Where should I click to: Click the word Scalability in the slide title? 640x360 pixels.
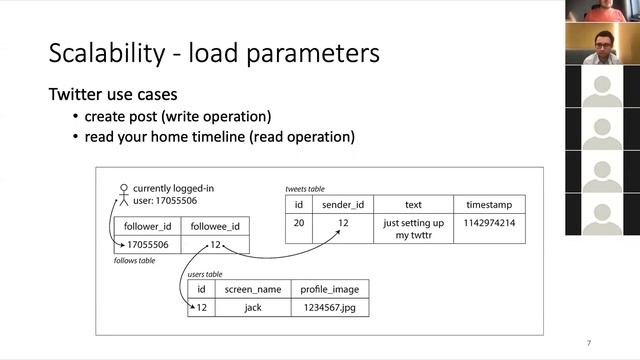(x=107, y=53)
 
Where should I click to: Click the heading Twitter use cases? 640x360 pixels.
(x=113, y=94)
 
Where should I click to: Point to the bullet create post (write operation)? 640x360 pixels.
(x=178, y=117)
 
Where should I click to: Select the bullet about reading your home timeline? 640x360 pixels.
(x=220, y=137)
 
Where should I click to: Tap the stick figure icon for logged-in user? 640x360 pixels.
(x=124, y=195)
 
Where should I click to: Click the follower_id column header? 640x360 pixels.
(x=147, y=227)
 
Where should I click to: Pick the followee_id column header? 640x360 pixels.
(x=215, y=227)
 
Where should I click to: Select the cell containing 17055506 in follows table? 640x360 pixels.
(x=147, y=244)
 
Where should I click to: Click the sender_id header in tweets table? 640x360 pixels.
(x=343, y=204)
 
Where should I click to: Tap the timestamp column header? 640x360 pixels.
(x=489, y=204)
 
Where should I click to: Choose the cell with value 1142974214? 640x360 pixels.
(x=489, y=223)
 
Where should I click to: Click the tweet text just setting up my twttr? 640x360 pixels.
(x=413, y=229)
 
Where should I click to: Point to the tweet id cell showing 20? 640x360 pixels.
(x=299, y=223)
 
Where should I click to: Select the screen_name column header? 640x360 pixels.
(x=253, y=289)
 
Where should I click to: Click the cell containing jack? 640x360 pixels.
(x=253, y=307)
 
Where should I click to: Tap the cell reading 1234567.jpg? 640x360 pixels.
(x=330, y=307)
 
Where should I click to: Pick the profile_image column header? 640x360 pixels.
(x=330, y=289)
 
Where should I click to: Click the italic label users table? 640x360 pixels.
(x=205, y=274)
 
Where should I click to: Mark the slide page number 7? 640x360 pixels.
(x=589, y=343)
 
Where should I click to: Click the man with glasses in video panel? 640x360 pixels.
(x=602, y=46)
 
